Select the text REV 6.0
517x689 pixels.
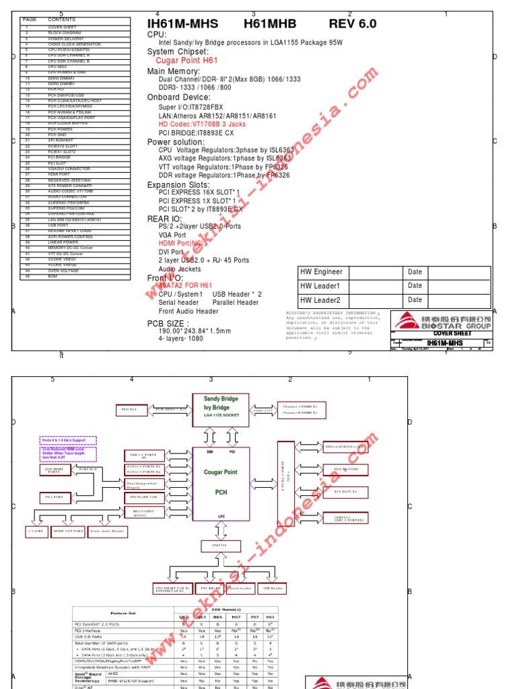353,24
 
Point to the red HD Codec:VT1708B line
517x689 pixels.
202,124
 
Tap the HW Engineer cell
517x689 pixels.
322,272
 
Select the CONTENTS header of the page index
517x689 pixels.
62,20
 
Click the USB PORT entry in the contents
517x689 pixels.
58,225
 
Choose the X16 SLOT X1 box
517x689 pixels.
345,492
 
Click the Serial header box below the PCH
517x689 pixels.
240,587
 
